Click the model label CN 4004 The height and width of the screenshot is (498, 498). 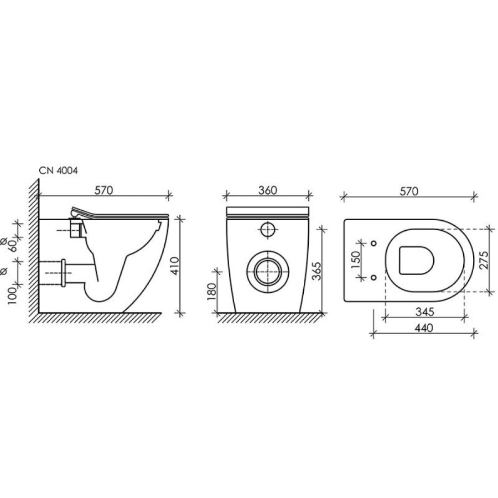tap(58, 170)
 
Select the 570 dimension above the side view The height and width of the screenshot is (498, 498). tap(104, 190)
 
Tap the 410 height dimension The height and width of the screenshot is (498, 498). tap(174, 266)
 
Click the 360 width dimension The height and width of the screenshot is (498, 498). tap(267, 190)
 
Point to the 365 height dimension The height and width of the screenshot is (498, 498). tap(317, 271)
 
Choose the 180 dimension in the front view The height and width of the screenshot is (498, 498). tap(211, 292)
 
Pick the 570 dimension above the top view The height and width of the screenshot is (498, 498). tap(409, 191)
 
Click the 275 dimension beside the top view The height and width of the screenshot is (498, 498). tap(484, 260)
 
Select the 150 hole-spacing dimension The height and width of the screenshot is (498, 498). tap(356, 260)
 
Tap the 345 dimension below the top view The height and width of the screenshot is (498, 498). tap(424, 312)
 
